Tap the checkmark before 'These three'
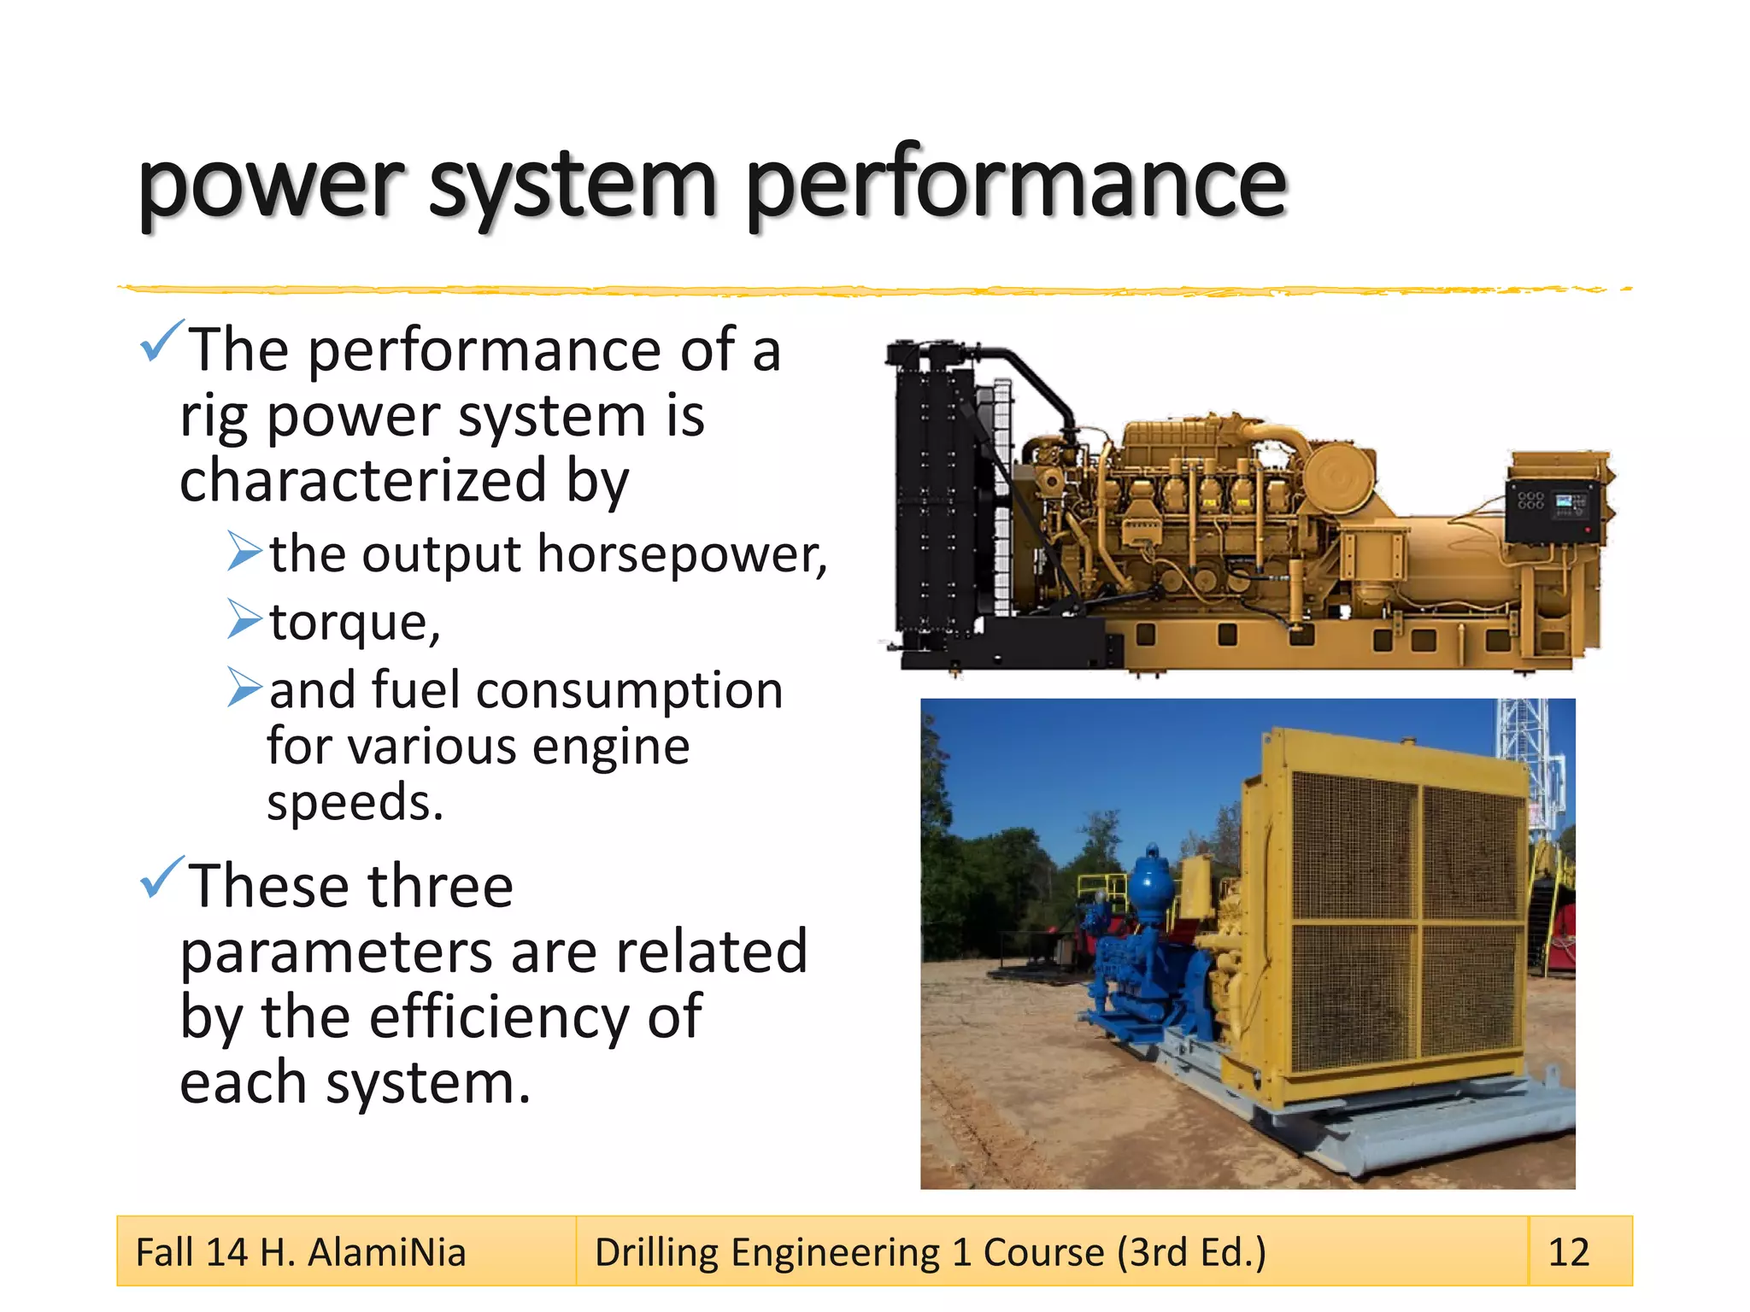(161, 877)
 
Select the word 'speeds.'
(355, 803)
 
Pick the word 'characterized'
(362, 480)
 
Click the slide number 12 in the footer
(1569, 1252)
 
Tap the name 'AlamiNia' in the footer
(386, 1252)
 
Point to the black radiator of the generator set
(933, 504)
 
